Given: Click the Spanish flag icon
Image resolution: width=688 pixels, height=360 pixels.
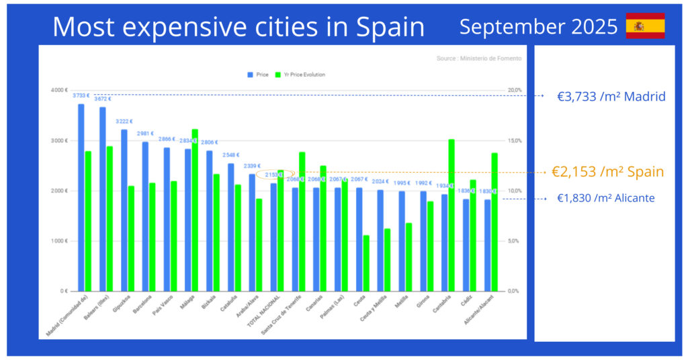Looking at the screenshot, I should [645, 26].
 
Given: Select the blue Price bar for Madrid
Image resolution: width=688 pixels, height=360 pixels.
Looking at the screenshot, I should [81, 197].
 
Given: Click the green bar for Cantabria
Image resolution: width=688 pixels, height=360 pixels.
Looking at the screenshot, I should [451, 215].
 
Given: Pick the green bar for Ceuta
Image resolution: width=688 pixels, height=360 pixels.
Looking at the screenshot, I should [365, 263].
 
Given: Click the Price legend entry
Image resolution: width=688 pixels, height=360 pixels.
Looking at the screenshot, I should [259, 75].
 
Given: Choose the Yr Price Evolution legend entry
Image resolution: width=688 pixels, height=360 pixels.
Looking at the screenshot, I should [302, 75].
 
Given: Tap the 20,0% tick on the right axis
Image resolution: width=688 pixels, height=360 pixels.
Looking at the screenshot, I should [514, 90].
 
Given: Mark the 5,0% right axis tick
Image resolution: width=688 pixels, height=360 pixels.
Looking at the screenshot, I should [514, 241].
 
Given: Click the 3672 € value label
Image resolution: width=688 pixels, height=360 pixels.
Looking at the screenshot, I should [102, 99].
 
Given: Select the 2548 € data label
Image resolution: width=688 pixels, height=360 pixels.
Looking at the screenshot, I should [230, 155].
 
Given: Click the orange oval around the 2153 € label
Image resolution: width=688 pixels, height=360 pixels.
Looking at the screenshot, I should [275, 175].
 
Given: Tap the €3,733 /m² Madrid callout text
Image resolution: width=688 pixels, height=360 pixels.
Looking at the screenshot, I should [611, 97].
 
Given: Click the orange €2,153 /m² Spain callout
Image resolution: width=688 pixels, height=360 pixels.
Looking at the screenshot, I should [607, 172].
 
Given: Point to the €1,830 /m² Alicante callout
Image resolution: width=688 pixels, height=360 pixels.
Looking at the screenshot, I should [605, 198].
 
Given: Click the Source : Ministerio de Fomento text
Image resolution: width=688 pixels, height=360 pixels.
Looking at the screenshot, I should [478, 58].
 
